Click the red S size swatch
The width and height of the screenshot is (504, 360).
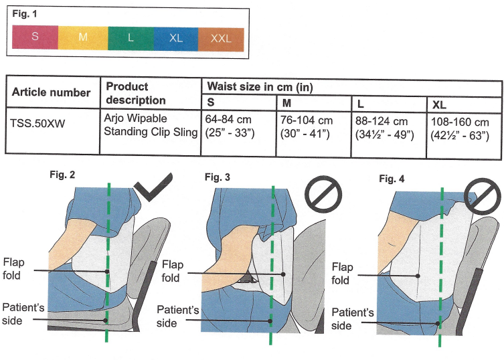coord(35,37)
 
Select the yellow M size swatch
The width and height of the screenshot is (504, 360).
coord(82,37)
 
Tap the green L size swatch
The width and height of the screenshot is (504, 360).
coord(130,37)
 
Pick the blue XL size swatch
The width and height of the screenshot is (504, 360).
coord(175,37)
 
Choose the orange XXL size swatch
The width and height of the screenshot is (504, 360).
coord(220,37)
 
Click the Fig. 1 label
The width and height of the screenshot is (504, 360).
coord(25,13)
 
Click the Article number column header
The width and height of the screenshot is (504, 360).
coord(51,92)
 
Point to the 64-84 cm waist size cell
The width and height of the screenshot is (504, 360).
coord(238,128)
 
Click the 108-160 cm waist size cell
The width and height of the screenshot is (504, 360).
coord(461,128)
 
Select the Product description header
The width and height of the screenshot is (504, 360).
coord(136,93)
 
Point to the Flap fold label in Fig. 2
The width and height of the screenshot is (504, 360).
coord(14,267)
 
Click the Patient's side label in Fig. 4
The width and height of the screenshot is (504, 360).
coord(351,320)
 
